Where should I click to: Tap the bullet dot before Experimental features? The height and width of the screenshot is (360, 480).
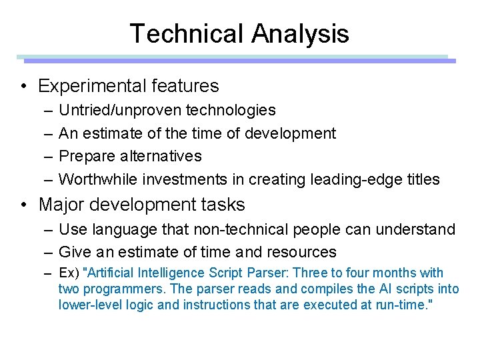(x=23, y=86)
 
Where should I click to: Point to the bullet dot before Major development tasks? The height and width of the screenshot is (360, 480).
(x=23, y=205)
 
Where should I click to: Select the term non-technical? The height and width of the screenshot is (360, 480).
(x=234, y=229)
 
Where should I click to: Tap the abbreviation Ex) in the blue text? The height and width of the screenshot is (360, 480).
(x=69, y=273)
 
